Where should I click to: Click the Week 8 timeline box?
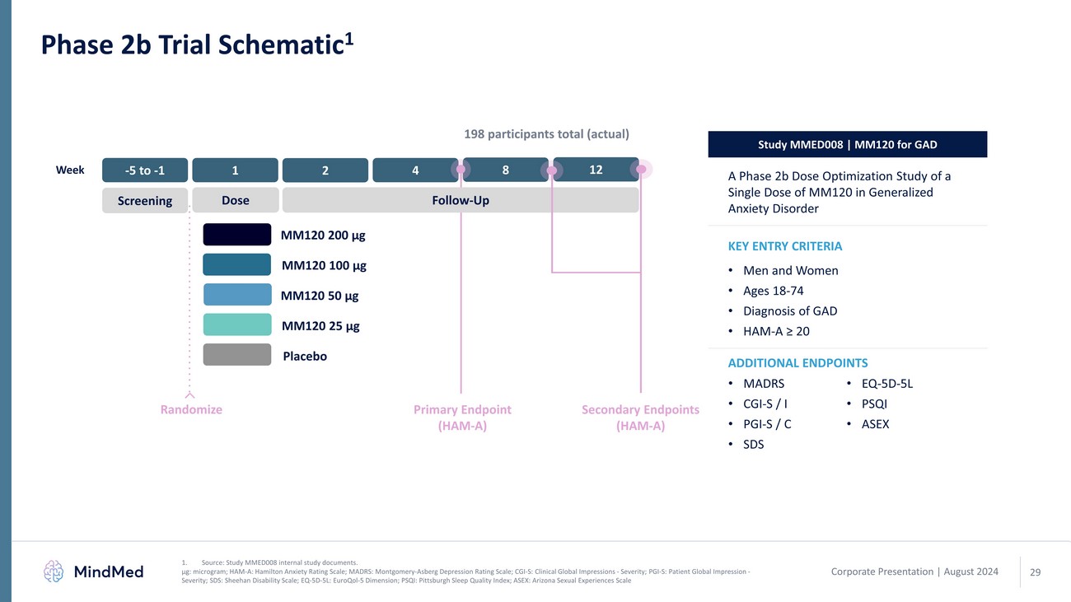[x=506, y=170]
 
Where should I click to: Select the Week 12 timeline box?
[x=596, y=170]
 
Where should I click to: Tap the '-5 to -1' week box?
[x=145, y=170]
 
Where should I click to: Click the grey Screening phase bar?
[x=145, y=200]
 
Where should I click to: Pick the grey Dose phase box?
[x=235, y=200]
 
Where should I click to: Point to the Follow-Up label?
[x=461, y=200]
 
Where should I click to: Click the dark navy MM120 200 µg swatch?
[x=236, y=235]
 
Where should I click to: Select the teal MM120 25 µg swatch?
[x=236, y=324]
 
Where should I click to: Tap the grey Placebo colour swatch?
[x=236, y=355]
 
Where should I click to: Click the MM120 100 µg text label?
[x=324, y=265]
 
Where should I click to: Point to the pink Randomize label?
[x=191, y=409]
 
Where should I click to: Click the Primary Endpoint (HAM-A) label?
[x=462, y=418]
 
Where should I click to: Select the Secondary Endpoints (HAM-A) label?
[x=640, y=418]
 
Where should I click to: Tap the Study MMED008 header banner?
[x=847, y=145]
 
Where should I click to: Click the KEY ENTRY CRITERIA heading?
[x=784, y=246]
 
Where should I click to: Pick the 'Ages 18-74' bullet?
[x=773, y=291]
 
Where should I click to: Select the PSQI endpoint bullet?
[x=874, y=404]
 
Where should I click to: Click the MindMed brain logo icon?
[x=54, y=571]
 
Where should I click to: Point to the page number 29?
[x=1036, y=572]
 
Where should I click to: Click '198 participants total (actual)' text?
[x=547, y=133]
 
